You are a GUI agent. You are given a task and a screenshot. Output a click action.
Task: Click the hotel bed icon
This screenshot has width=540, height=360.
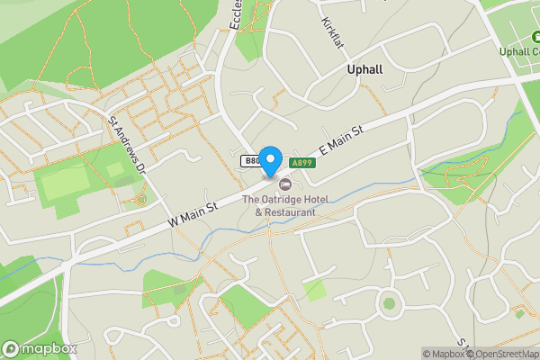[x=273, y=184]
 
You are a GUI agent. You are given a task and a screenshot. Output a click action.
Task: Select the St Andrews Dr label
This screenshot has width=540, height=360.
[x=127, y=144]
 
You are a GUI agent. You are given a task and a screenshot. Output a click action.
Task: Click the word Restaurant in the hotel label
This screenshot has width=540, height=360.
[x=291, y=212]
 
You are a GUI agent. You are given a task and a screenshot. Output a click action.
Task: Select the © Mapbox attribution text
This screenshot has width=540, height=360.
[x=444, y=354]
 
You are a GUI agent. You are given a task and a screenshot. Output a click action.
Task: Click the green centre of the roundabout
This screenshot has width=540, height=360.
[x=389, y=302]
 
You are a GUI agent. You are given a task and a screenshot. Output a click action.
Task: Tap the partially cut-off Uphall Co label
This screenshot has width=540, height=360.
[x=519, y=50]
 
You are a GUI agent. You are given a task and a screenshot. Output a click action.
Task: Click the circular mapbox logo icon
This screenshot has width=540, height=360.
[x=12, y=348]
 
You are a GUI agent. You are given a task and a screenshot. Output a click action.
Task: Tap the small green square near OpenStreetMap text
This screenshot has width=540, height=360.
[x=519, y=314]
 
